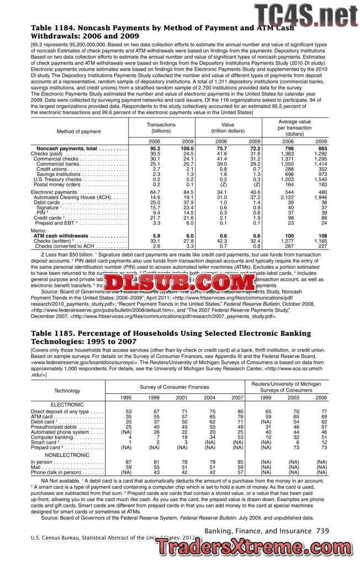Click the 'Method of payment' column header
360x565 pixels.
[79, 131]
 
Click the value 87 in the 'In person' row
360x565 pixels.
[129, 462]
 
